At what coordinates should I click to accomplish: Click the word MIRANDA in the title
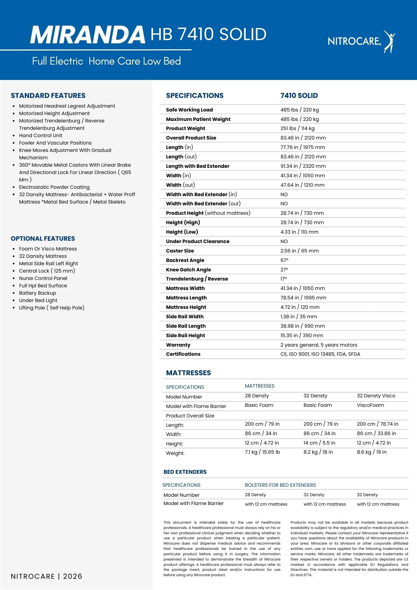pos(88,35)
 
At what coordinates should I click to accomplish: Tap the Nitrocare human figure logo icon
pos(389,41)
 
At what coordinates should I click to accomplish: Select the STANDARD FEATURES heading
pos(48,96)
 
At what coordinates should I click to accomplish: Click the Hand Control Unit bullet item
pos(41,135)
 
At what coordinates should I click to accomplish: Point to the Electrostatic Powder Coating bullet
pos(54,187)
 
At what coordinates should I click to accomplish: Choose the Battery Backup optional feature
pos(37,293)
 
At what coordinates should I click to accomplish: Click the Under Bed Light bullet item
pos(38,300)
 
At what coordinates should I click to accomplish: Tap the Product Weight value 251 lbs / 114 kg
pos(297,128)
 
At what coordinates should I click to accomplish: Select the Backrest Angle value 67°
pos(284,260)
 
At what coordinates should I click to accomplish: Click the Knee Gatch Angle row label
pos(188,270)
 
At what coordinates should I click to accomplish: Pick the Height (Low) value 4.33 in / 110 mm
pos(299,232)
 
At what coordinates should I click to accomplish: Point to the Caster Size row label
pos(180,251)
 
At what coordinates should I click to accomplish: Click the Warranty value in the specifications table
pos(319,345)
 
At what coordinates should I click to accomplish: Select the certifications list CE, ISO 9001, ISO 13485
pos(320,354)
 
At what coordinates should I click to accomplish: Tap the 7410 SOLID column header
pos(299,96)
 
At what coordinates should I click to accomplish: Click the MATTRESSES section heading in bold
pos(188,373)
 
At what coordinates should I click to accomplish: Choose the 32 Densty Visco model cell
pos(376,396)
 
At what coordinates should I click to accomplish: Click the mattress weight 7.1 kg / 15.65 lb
pos(262,452)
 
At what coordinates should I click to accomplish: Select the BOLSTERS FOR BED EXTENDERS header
pos(280,485)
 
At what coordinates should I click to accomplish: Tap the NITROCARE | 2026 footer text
pos(47,576)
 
